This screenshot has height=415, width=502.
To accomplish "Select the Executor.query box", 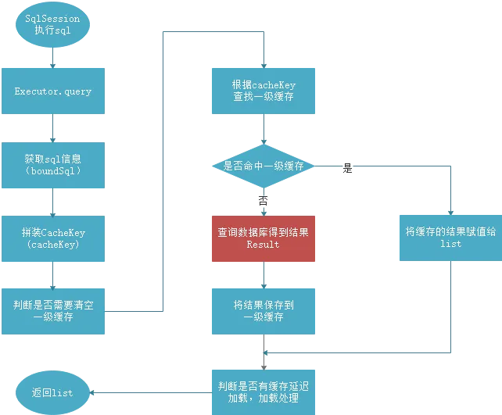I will [x=52, y=91].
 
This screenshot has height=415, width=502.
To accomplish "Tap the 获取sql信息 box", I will [x=52, y=164].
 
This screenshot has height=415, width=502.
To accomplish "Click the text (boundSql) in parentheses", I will [x=52, y=170].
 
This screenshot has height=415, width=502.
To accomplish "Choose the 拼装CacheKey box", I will [x=52, y=238].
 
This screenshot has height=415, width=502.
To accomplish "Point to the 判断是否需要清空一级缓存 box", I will [x=52, y=311].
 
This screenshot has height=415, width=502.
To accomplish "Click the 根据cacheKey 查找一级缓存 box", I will [x=264, y=91].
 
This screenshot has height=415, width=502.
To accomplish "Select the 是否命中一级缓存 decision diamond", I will [x=264, y=166].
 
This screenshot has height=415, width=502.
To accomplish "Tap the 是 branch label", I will [x=348, y=169].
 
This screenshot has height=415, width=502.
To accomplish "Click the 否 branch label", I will [x=264, y=202].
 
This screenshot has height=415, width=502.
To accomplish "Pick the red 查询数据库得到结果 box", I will [x=264, y=238].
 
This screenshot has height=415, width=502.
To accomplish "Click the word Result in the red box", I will [x=263, y=245].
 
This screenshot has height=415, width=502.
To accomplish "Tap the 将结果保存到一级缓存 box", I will [x=264, y=311].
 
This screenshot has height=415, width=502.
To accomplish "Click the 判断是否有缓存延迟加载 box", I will [x=264, y=392].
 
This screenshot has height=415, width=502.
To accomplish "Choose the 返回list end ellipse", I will [x=52, y=392].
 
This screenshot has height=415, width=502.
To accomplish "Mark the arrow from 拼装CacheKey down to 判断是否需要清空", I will [x=52, y=275].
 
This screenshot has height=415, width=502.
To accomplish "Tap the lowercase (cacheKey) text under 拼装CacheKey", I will [x=52, y=245].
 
